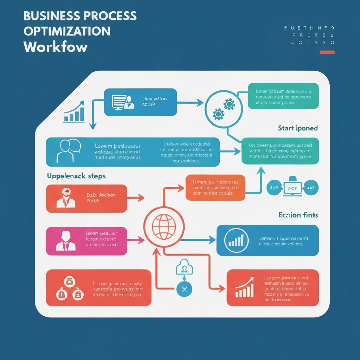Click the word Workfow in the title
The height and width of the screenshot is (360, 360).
coord(56,47)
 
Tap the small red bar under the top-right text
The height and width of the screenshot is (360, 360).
coord(327,52)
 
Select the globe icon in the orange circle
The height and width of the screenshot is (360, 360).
coord(163,226)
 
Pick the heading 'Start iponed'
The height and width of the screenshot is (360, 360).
coord(297,128)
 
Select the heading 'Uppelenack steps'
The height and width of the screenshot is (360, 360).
coord(76,176)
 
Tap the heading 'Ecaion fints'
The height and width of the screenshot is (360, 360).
coord(298,215)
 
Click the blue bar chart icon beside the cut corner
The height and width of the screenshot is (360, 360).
coord(74,112)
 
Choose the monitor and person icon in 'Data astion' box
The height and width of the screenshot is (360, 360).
coord(123,102)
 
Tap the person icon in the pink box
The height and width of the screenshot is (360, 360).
coord(66,241)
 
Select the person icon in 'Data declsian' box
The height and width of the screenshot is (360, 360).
coord(66,198)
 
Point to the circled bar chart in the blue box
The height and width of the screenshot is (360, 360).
coord(236,240)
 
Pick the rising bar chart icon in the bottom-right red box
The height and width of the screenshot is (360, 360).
coord(244,287)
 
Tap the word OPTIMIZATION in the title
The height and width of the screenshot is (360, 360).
coord(67,31)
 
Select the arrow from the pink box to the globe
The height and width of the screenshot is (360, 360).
coord(136,240)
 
